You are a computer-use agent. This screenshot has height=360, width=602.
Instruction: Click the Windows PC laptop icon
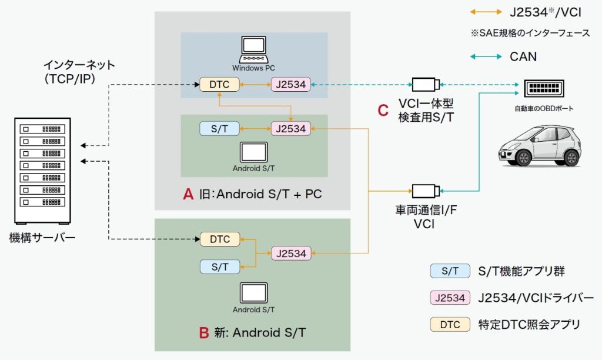click(254, 49)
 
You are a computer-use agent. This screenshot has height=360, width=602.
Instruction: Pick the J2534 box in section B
click(290, 254)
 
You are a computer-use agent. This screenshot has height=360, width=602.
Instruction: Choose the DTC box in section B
click(220, 239)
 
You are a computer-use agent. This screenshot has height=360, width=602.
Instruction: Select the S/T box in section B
click(220, 267)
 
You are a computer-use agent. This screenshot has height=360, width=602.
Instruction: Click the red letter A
click(188, 195)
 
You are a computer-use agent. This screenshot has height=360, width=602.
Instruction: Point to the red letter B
click(204, 333)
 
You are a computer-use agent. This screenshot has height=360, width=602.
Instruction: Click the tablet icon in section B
click(254, 292)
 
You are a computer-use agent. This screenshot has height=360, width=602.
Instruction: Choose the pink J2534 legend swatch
click(450, 298)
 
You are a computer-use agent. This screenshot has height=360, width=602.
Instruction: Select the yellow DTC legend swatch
click(450, 324)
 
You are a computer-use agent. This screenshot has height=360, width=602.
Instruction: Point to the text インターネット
click(79, 65)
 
